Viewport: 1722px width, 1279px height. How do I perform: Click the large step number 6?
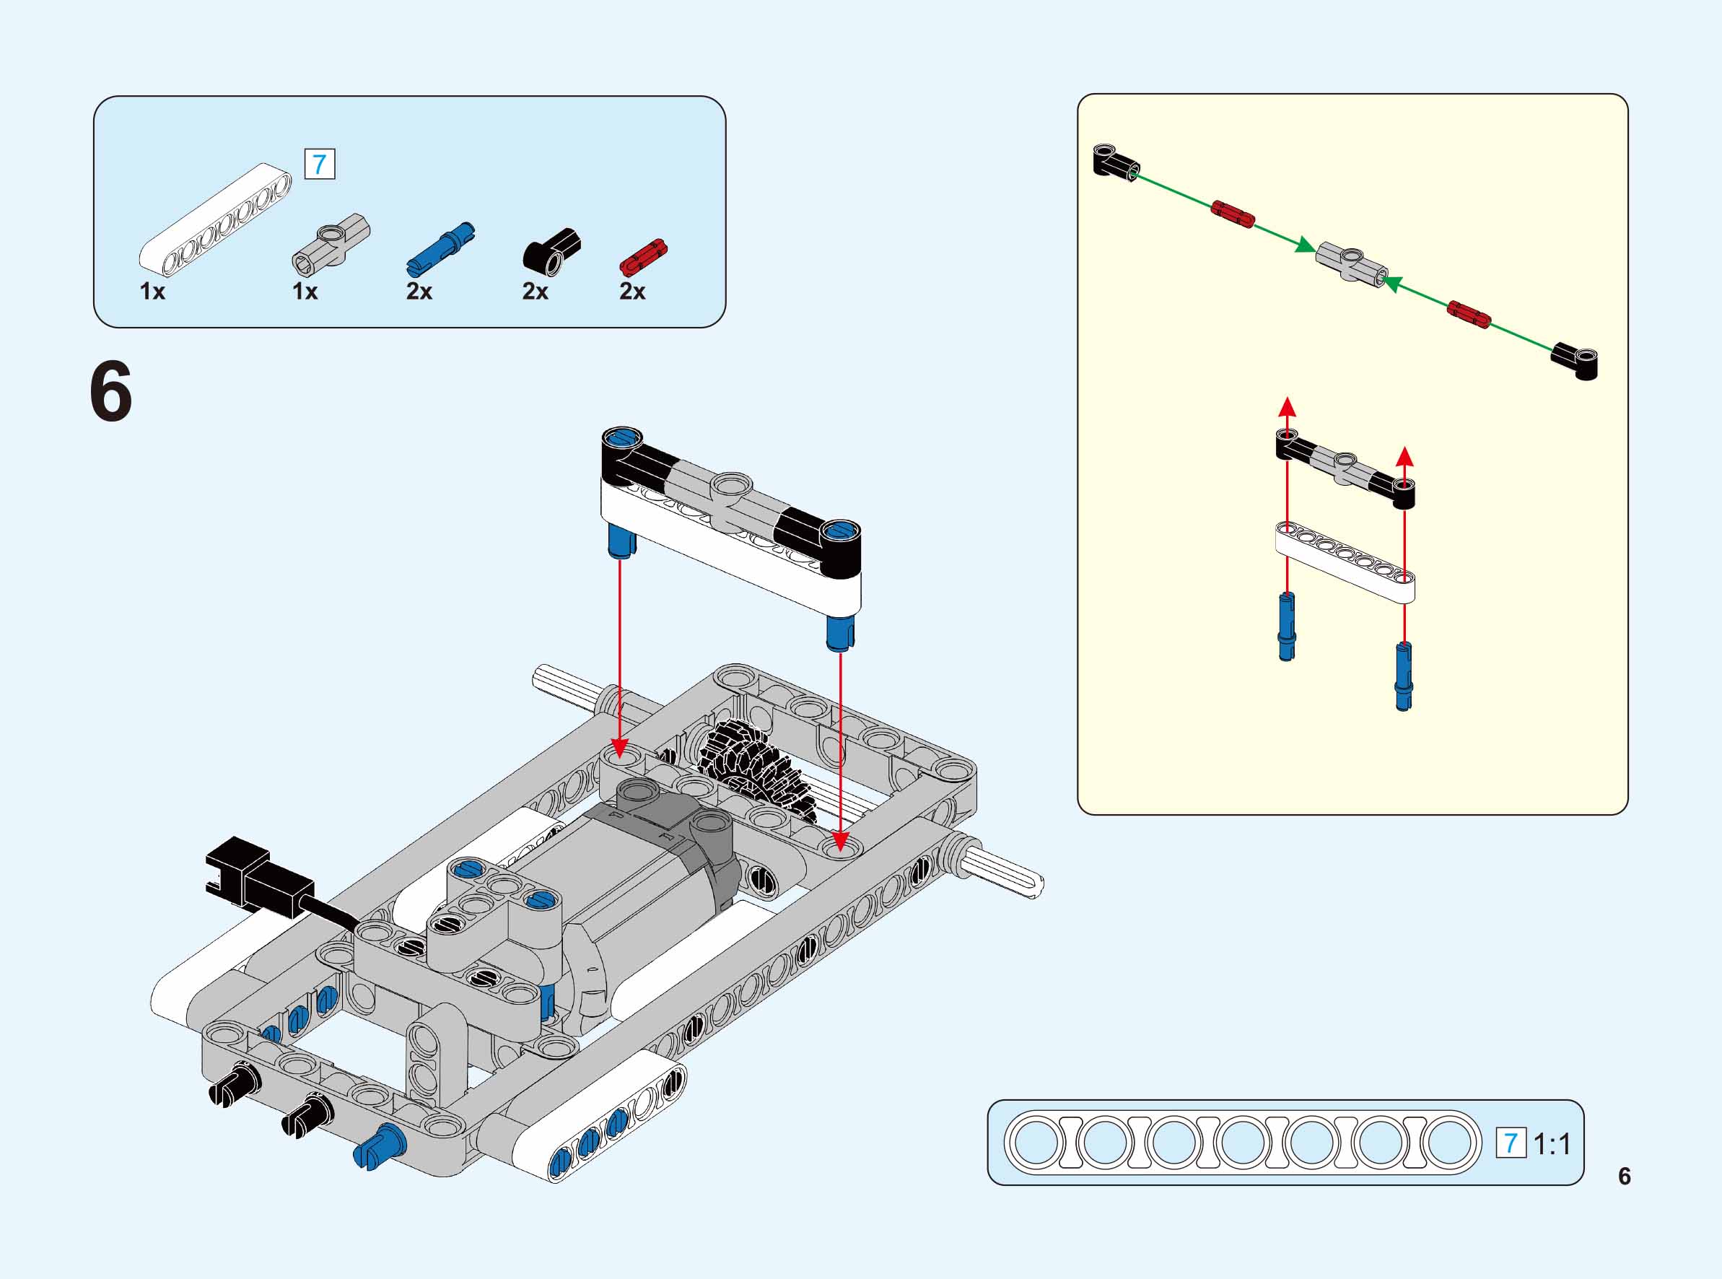point(111,393)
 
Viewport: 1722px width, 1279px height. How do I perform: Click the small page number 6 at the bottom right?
point(1624,1176)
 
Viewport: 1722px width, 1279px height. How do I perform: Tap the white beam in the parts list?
point(215,218)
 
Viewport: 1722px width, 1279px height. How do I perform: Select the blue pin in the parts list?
point(440,247)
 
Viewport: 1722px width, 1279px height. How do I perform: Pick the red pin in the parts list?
point(642,257)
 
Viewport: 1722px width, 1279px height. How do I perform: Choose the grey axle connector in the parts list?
point(331,242)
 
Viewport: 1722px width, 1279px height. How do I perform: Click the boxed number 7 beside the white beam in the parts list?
point(320,164)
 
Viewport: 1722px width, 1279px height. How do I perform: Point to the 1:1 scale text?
point(1552,1143)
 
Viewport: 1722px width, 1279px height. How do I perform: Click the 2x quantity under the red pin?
point(631,291)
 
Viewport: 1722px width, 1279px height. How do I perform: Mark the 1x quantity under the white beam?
point(152,291)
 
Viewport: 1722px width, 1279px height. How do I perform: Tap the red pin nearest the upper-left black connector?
point(1232,214)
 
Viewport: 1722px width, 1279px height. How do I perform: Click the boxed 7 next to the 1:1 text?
point(1510,1143)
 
